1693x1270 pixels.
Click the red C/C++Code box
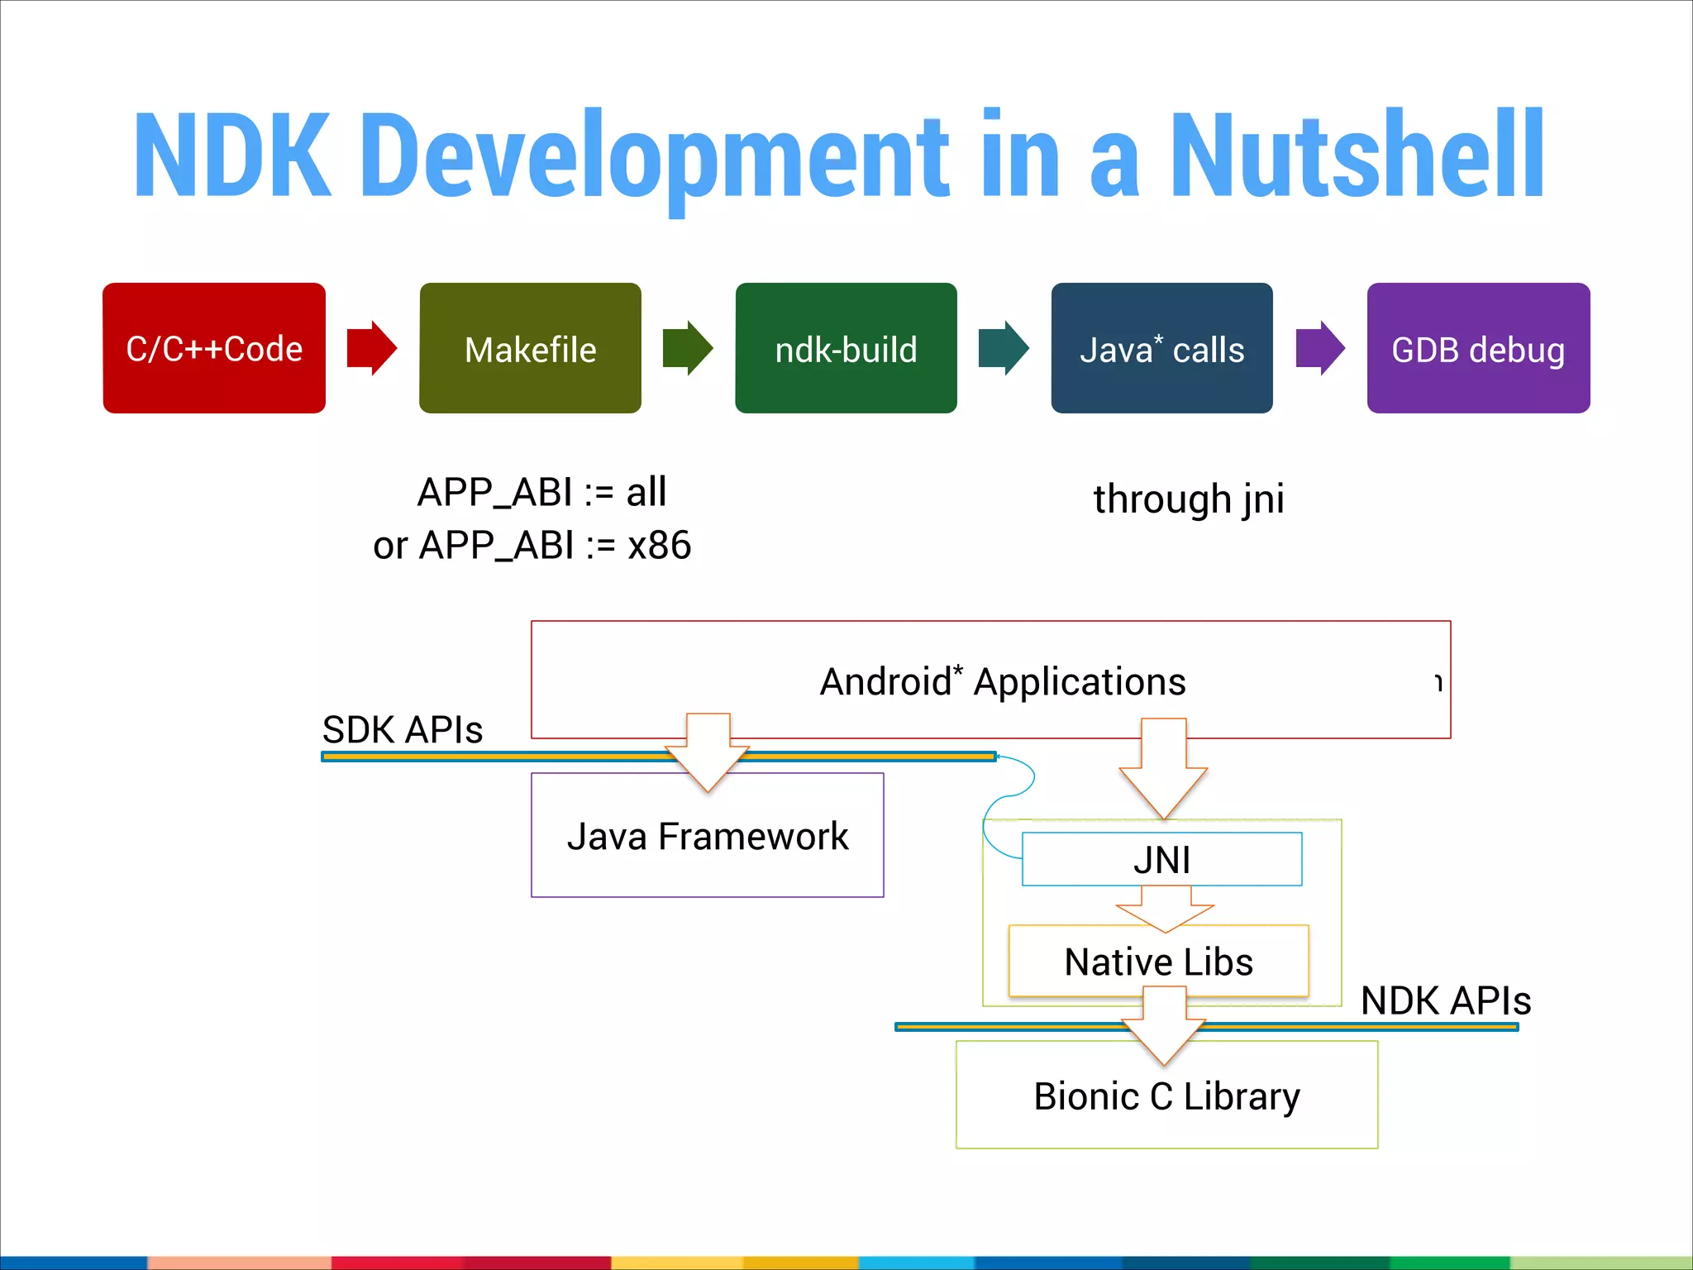tap(214, 348)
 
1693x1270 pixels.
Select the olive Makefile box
tap(530, 348)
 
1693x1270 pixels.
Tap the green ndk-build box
tap(846, 348)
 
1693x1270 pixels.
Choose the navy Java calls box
tap(1161, 348)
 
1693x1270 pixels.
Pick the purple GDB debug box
tap(1478, 348)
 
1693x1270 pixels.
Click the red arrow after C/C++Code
tap(371, 348)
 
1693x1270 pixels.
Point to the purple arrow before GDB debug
tap(1320, 348)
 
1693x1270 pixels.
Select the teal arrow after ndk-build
tap(1004, 348)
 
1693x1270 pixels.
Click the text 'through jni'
tap(1189, 499)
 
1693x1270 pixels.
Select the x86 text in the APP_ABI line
tap(659, 546)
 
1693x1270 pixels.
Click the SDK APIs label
tap(403, 730)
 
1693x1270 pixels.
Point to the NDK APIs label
tap(1446, 1000)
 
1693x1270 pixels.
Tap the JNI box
tap(1161, 860)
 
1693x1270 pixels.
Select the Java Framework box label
tap(708, 837)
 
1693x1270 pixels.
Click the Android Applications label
tap(1003, 682)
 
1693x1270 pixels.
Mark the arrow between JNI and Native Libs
tap(1165, 909)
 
